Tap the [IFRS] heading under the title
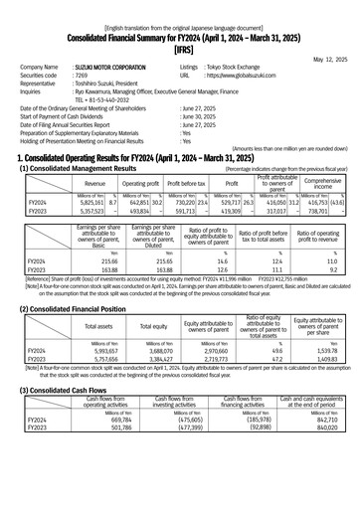(180, 48)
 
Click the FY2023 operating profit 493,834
(134, 211)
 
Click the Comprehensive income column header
(323, 184)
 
